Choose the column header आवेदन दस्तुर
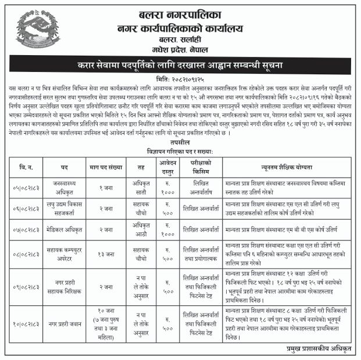(x=167, y=167)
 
